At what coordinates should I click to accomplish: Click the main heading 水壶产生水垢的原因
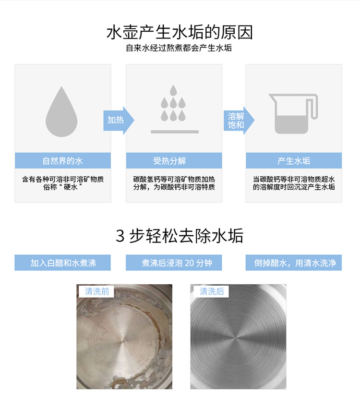click(180, 32)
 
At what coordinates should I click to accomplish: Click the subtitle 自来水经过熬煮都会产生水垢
click(179, 48)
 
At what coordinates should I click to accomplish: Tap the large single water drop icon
click(61, 112)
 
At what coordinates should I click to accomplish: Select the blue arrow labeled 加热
click(119, 121)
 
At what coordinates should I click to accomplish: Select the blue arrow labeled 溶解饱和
click(239, 121)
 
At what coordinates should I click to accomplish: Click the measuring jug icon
click(293, 114)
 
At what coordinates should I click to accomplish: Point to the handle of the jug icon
click(313, 107)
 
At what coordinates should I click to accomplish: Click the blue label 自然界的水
click(63, 161)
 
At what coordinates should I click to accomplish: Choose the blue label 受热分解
click(174, 161)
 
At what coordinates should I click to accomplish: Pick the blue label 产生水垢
click(294, 161)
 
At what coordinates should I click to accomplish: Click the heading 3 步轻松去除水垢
click(180, 236)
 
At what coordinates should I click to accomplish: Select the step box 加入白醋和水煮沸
click(62, 263)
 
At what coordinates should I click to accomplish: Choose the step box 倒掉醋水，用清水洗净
click(294, 263)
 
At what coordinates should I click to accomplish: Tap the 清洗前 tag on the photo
click(96, 291)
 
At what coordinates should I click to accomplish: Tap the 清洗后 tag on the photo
click(212, 291)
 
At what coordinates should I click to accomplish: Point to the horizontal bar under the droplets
click(175, 132)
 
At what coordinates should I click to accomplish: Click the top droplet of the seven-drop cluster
click(173, 90)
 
